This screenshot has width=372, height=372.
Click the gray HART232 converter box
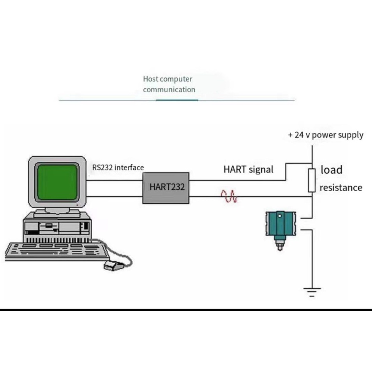[166, 188]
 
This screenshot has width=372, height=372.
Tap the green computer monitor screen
[57, 182]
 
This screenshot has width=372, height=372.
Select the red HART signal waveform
[229, 196]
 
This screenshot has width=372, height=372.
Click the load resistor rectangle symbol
[312, 180]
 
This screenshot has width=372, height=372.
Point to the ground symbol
[312, 292]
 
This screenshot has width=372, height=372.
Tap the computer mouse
[114, 266]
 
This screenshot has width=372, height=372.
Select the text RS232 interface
[118, 167]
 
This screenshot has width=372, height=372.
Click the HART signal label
[249, 169]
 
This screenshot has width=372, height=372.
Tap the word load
[331, 170]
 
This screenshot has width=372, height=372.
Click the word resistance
[341, 188]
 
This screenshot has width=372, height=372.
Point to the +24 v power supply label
[326, 135]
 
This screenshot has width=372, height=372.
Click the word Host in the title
[151, 79]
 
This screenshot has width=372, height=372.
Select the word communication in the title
[169, 90]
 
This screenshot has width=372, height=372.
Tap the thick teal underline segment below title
[177, 100]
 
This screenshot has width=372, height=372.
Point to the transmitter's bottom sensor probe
[280, 244]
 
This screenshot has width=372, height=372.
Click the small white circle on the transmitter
[280, 216]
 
